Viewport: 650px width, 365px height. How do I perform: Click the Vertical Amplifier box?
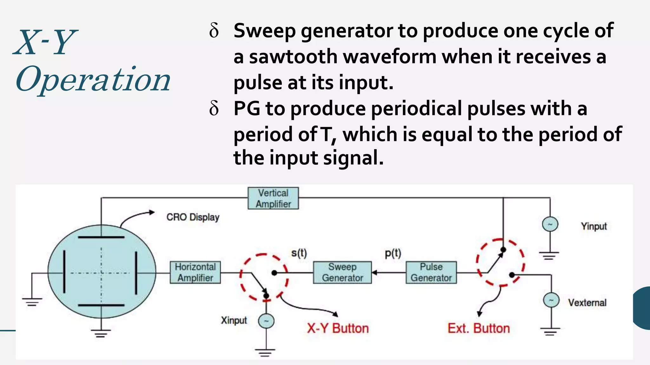(273, 198)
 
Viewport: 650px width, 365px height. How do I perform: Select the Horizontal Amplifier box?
(195, 272)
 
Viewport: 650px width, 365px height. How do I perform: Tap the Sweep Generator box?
(342, 272)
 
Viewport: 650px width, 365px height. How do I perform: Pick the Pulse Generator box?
(431, 272)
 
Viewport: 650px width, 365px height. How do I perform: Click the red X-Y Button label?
(338, 328)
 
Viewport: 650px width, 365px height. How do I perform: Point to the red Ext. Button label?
(479, 328)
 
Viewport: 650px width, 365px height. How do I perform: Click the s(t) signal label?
(299, 253)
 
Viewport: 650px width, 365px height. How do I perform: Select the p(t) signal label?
(393, 253)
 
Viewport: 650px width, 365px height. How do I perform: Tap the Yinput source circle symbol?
(550, 224)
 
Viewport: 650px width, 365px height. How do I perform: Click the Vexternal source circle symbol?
(551, 300)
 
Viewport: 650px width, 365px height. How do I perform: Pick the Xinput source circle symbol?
(266, 322)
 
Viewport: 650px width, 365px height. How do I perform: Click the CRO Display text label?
(193, 217)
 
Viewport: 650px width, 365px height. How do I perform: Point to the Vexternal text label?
(587, 303)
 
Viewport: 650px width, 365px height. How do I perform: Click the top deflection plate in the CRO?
(101, 237)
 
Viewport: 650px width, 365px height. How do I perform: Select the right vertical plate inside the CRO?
(136, 272)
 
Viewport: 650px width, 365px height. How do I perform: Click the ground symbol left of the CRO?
(32, 302)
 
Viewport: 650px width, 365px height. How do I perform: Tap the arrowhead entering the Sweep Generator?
(375, 272)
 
